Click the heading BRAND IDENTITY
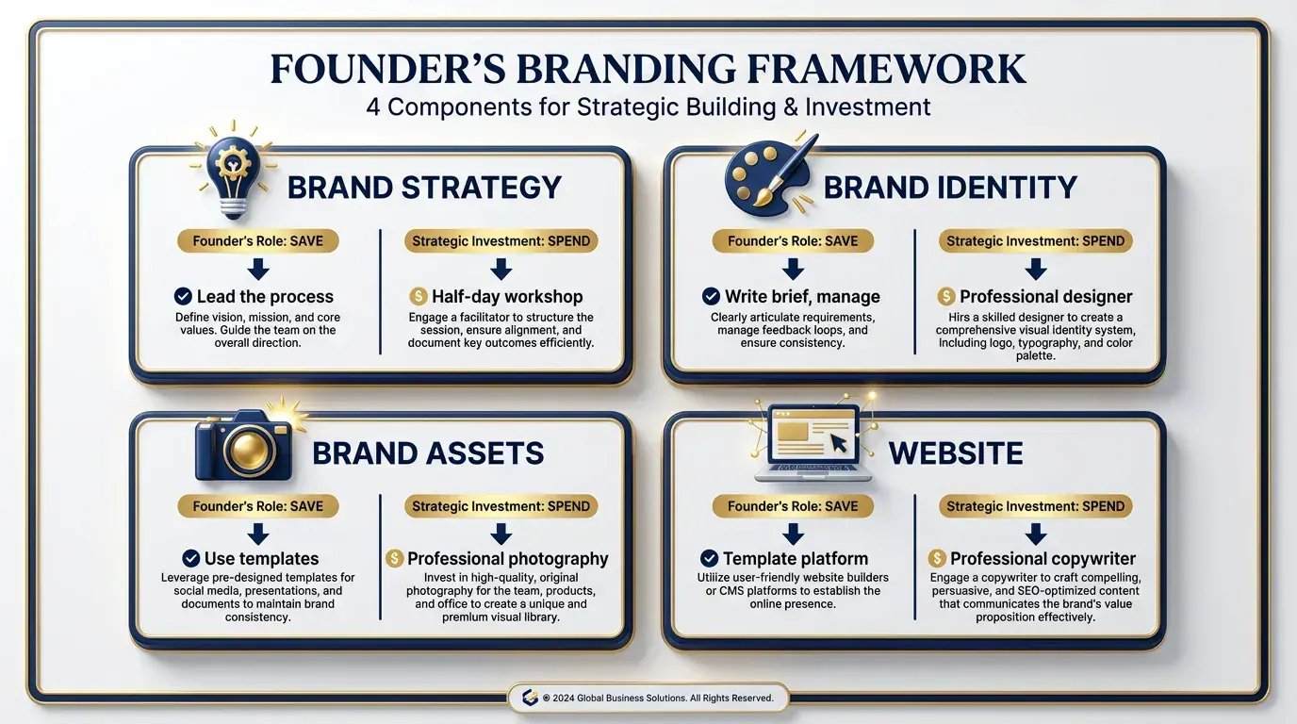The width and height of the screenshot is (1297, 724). pos(950,188)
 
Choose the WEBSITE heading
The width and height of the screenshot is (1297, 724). pos(956,453)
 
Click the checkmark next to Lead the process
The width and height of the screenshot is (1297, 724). pos(184,296)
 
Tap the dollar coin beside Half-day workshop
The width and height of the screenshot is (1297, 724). pos(419,296)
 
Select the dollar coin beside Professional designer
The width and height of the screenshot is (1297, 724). pos(946,296)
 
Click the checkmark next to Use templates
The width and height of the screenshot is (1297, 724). pos(190,558)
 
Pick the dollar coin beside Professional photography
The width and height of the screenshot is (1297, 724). pos(395,558)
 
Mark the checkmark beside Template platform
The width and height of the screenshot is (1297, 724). pos(710,558)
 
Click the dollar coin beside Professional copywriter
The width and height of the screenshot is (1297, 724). pos(937,558)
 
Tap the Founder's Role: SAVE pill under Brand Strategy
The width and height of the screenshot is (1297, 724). pos(257,240)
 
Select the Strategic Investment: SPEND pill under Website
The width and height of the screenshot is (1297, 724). pos(1035,506)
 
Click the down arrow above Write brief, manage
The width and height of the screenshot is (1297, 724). pos(793,268)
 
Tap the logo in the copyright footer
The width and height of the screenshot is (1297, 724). pos(530,698)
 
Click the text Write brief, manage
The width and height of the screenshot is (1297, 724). pos(802,296)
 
